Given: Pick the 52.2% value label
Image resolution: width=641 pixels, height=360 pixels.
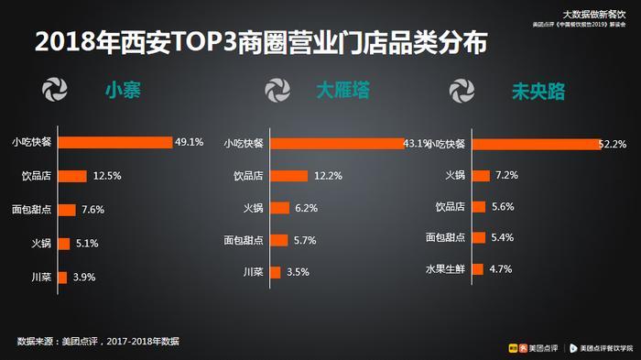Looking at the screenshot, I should click(611, 144).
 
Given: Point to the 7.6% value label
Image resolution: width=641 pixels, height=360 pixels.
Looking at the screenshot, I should click(92, 210).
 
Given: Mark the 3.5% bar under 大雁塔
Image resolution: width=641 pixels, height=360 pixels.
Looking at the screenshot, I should click(275, 272).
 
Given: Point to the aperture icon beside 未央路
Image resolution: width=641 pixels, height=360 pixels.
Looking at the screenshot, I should click(462, 92).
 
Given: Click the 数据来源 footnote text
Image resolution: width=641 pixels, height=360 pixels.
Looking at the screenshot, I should click(98, 342).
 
